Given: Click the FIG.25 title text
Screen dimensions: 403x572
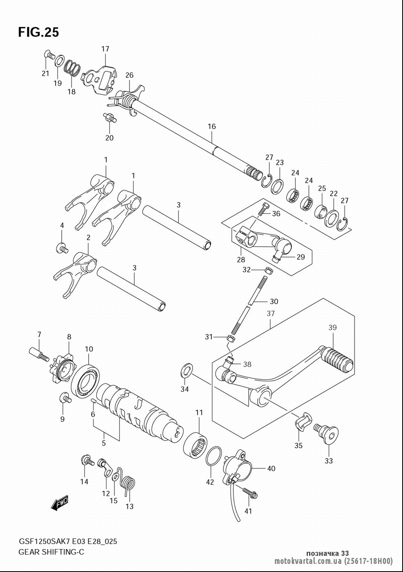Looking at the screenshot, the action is pyautogui.click(x=39, y=32).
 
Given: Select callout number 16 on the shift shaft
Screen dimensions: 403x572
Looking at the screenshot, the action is pyautogui.click(x=212, y=127).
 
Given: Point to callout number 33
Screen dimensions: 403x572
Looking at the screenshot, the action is pyautogui.click(x=329, y=461).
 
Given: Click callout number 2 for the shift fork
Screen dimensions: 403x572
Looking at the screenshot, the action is pyautogui.click(x=88, y=238).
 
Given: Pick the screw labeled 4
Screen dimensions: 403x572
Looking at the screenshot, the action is pyautogui.click(x=62, y=248).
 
